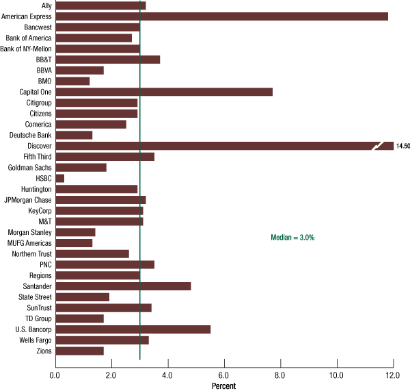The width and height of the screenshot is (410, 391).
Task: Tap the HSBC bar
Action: pyautogui.click(x=59, y=178)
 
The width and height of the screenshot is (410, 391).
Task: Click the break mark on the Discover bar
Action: pyautogui.click(x=379, y=146)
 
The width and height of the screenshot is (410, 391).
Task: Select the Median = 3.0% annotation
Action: pyautogui.click(x=292, y=237)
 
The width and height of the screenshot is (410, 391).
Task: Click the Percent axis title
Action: pyautogui.click(x=224, y=386)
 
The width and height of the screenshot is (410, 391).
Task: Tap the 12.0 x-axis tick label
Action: pyautogui.click(x=393, y=374)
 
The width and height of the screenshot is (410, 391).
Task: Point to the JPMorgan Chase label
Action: pyautogui.click(x=27, y=200)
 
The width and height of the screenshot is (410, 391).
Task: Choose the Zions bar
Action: pyautogui.click(x=79, y=351)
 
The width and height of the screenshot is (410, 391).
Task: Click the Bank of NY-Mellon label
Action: pyautogui.click(x=26, y=49)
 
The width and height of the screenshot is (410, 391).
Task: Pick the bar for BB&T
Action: pyautogui.click(x=107, y=60)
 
